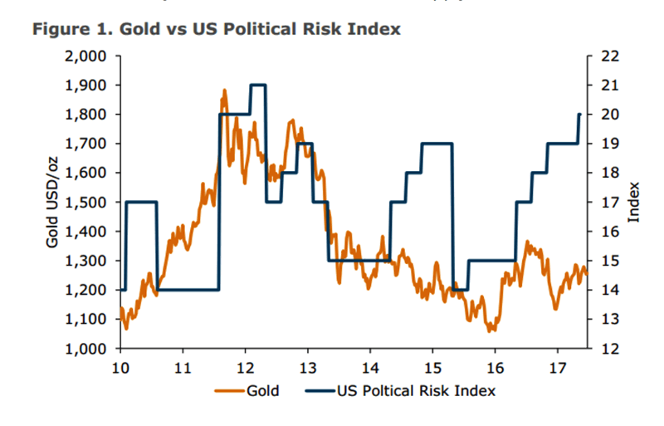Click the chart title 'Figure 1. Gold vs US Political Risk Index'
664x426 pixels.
pos(217,29)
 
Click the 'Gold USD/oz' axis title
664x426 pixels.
pos(51,202)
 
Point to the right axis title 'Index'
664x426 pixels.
pos(635,202)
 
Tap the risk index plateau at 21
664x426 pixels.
pos(258,85)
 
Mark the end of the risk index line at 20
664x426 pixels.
pos(579,115)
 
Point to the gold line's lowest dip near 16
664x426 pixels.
pos(491,330)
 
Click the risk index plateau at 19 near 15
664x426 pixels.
pos(437,144)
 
